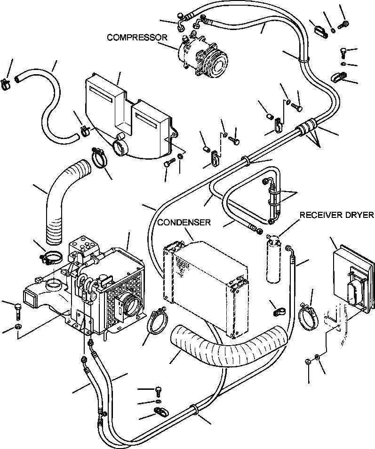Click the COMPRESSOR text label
[137, 37]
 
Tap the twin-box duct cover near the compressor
[127, 117]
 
